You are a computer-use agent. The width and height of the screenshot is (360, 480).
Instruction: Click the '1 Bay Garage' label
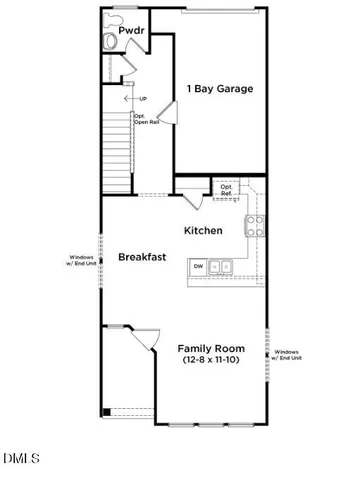pos(219,89)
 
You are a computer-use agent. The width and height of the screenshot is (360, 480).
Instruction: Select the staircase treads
pos(115,150)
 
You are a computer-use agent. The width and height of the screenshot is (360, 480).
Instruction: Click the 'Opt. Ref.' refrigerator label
pos(227,189)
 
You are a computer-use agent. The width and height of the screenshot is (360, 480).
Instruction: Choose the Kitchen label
pos(203,230)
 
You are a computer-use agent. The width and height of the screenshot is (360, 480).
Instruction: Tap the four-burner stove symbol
pos(254,225)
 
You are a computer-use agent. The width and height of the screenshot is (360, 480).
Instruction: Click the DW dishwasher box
pos(198,266)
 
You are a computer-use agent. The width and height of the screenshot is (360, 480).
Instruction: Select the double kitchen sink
pos(224,266)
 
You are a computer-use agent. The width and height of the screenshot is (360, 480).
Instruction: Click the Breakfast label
pos(142,257)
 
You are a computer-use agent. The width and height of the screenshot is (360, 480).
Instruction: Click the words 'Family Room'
pos(211,348)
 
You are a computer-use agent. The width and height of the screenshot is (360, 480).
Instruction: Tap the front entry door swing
pos(139,345)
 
